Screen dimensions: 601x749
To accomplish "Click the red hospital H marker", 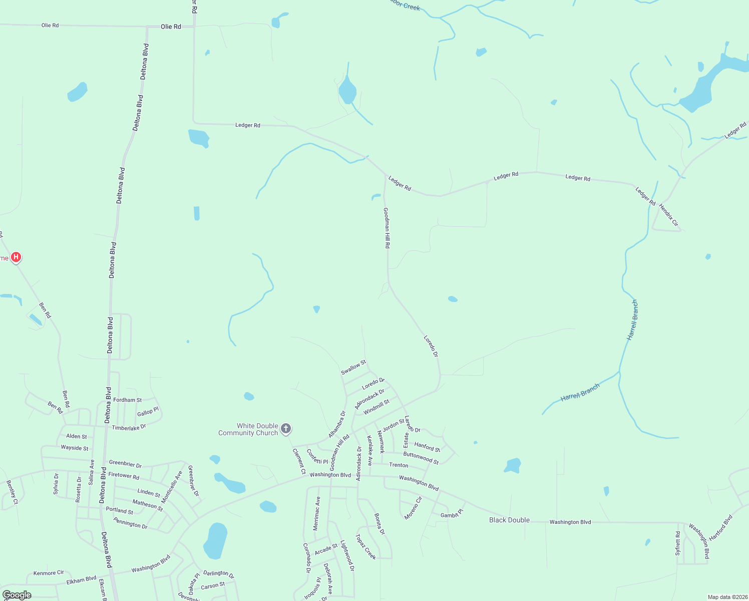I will point(16,257).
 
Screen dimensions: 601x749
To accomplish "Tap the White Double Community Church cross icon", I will point(286,428).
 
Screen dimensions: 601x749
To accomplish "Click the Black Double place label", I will point(509,520).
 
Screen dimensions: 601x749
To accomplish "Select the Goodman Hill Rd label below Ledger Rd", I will point(387,228).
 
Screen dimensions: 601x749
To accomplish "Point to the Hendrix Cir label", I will point(668,215).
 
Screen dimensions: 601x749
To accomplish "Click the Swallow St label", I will point(353,367).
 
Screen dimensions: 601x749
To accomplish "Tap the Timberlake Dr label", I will point(129,427).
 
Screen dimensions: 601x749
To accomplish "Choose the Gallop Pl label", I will point(148,412).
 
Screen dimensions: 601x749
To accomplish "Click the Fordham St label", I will point(127,400).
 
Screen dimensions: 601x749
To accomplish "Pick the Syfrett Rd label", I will point(678,543).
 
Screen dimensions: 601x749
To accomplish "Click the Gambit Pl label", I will point(452,514).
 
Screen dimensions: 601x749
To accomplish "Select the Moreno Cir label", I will point(413,508).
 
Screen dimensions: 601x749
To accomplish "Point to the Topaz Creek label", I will point(365,546).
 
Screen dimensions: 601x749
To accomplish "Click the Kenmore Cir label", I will point(49,572).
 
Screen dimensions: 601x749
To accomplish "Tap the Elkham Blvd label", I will point(81,580).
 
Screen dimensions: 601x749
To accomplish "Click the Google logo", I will point(17,595).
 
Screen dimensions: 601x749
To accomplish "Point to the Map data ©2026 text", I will point(727,597).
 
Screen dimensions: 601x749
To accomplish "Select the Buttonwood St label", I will point(421,458).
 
